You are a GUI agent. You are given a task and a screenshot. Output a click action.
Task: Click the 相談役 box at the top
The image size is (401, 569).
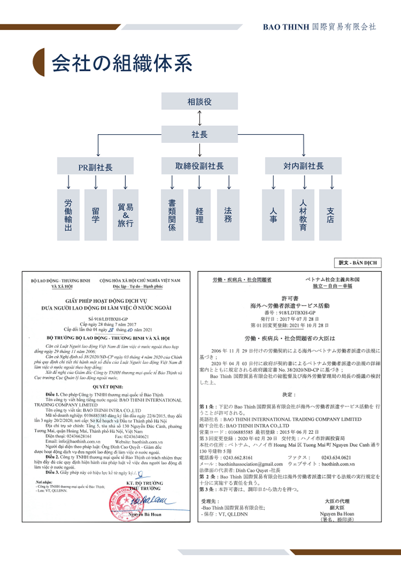200,102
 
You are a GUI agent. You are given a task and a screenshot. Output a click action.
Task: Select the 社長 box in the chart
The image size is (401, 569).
200,134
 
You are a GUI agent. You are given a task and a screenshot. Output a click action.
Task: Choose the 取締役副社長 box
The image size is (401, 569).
200,166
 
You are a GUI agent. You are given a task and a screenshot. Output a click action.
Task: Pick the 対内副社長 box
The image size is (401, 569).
303,166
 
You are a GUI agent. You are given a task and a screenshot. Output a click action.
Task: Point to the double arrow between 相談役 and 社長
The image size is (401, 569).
200,118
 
